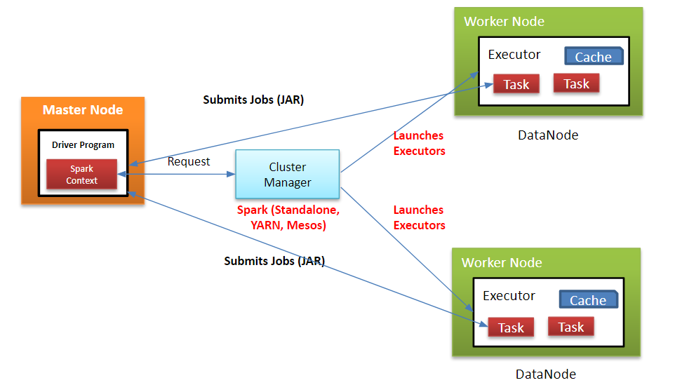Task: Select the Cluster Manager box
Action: [x=288, y=175]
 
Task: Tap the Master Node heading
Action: [x=83, y=110]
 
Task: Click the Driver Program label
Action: [x=83, y=145]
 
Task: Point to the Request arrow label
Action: [x=188, y=162]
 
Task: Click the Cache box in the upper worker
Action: [x=593, y=57]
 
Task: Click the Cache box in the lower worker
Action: [x=587, y=300]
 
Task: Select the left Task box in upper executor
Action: [x=516, y=85]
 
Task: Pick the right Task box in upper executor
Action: [x=576, y=83]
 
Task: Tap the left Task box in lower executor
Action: [x=511, y=327]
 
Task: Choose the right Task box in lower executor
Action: [x=570, y=327]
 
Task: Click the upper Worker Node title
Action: [x=504, y=22]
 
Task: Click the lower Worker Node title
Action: [x=502, y=263]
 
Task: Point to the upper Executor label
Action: [x=514, y=55]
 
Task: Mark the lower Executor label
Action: [x=509, y=296]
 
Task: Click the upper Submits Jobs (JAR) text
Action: [x=253, y=100]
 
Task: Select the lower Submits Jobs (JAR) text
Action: [x=274, y=261]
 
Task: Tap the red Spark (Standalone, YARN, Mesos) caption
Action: [x=288, y=218]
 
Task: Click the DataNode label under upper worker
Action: [x=547, y=135]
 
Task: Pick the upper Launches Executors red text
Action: [x=419, y=143]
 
